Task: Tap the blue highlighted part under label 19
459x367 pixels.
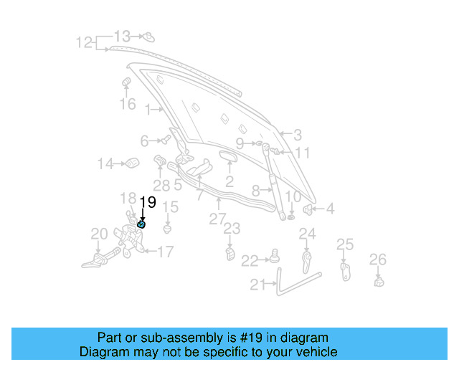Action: tap(141, 225)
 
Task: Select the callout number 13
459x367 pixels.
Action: tap(122, 36)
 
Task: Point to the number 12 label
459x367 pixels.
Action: tap(85, 43)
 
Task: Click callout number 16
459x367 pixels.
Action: tap(127, 105)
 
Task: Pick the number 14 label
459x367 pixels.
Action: tap(105, 164)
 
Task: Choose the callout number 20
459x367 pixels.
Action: tap(99, 233)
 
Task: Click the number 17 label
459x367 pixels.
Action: tap(165, 252)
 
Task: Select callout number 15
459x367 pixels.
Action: tap(169, 208)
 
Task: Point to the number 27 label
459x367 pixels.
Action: tap(217, 219)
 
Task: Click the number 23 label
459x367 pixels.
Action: tap(231, 229)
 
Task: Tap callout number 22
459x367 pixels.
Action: tap(249, 260)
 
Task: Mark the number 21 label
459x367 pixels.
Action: tap(258, 285)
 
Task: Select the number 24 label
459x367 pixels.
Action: tap(307, 234)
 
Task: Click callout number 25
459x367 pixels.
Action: tap(345, 245)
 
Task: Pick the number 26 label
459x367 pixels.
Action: tap(377, 259)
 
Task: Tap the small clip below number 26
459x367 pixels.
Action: tap(379, 281)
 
